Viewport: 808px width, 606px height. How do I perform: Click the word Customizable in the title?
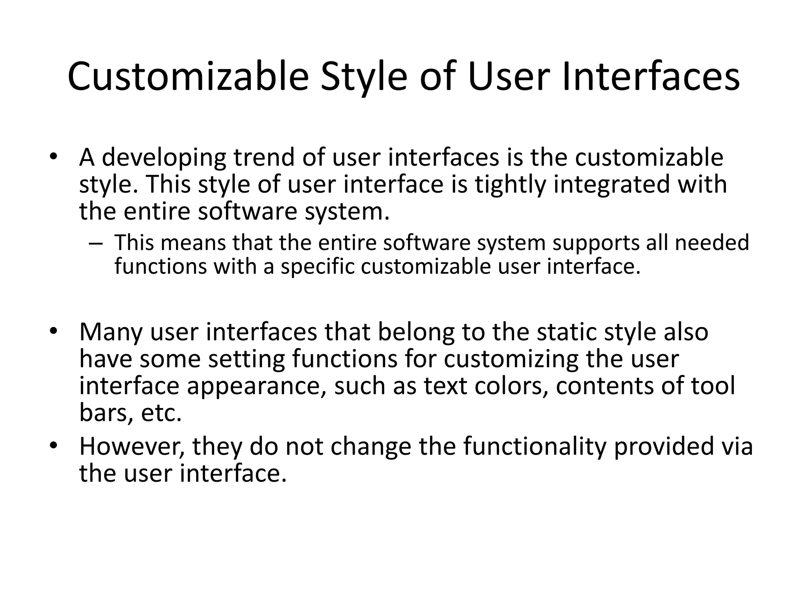188,77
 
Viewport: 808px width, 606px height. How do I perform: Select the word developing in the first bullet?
164,158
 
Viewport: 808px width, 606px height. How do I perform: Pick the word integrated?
612,185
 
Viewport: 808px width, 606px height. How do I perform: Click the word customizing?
511,359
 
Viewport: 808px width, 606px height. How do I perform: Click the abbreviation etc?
161,413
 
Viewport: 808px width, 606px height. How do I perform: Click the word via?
737,447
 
